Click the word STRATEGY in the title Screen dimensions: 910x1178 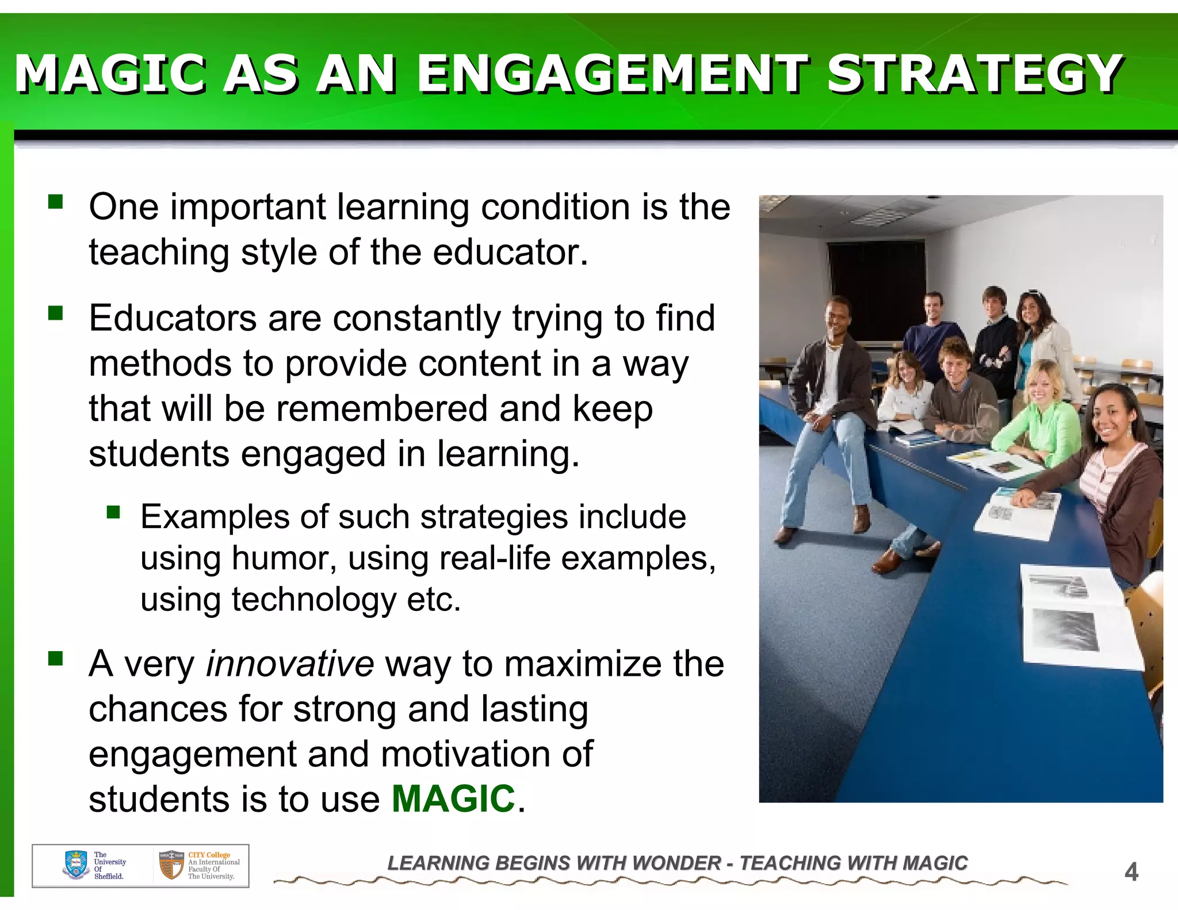pos(974,74)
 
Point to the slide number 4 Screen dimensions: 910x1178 pos(1131,872)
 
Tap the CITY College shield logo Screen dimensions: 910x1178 pos(171,865)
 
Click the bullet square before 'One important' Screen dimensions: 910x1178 pos(56,202)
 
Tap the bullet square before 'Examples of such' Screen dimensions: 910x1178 pos(113,511)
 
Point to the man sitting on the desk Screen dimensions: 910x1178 pos(831,403)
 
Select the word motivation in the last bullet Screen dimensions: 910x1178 pos(487,754)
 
